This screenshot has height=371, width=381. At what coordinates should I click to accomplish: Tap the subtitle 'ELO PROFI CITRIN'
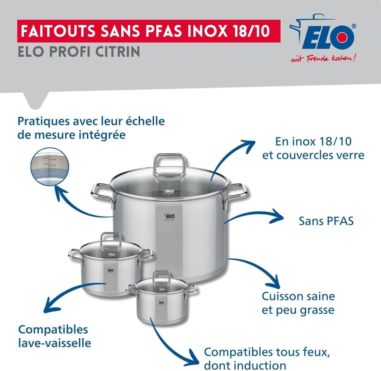pyautogui.click(x=79, y=51)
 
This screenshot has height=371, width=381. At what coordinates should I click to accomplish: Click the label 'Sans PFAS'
pyautogui.click(x=326, y=221)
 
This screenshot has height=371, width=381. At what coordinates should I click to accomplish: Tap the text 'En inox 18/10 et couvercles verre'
pyautogui.click(x=313, y=148)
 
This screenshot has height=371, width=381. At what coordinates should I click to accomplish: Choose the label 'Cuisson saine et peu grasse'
pyautogui.click(x=298, y=303)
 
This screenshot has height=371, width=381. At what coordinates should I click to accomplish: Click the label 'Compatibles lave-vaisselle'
pyautogui.click(x=55, y=336)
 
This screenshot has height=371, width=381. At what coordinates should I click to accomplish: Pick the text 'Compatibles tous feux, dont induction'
pyautogui.click(x=265, y=358)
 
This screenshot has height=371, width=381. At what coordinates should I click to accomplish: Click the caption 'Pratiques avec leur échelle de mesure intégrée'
pyautogui.click(x=91, y=128)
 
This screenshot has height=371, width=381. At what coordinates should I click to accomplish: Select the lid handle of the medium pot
pyautogui.click(x=110, y=241)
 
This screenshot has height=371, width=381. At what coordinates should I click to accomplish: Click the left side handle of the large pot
pyautogui.click(x=102, y=192)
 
